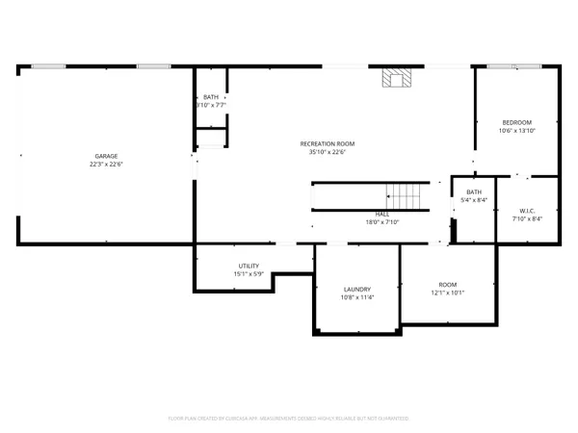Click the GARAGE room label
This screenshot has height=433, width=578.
click(x=106, y=155)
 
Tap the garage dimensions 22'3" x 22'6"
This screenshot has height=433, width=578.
click(x=106, y=163)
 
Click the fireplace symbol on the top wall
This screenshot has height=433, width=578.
click(x=393, y=79)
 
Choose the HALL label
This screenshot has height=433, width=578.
click(x=382, y=215)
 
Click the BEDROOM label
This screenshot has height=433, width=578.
click(x=516, y=122)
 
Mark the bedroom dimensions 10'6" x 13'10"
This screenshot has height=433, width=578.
click(x=516, y=130)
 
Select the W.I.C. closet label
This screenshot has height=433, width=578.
click(x=527, y=211)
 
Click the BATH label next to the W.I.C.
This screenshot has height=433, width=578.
click(x=474, y=192)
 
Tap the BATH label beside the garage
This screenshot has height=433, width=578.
click(x=211, y=97)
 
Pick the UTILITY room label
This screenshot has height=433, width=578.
click(x=249, y=266)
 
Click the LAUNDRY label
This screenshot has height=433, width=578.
click(x=356, y=290)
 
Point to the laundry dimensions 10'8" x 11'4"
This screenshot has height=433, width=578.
click(x=356, y=297)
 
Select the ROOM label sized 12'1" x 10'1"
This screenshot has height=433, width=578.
click(x=447, y=285)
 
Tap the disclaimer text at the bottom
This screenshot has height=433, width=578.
click(x=289, y=419)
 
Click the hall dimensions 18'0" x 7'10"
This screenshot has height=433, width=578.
click(x=382, y=222)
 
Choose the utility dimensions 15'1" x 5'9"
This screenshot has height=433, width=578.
click(x=249, y=273)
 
